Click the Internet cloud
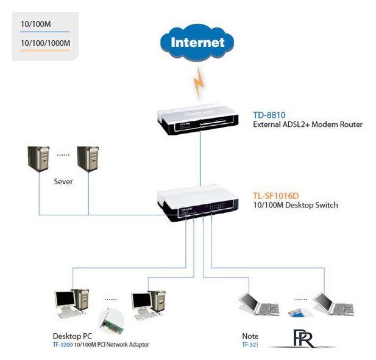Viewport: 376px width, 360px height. tap(197, 42)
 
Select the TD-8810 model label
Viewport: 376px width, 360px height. tap(269, 115)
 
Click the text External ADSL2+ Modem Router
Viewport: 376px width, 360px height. tap(308, 124)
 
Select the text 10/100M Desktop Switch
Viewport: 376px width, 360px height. tap(295, 205)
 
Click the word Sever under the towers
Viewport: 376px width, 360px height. tap(63, 182)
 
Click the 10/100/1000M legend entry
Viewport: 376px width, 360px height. tap(45, 43)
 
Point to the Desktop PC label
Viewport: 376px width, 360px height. tap(73, 336)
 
